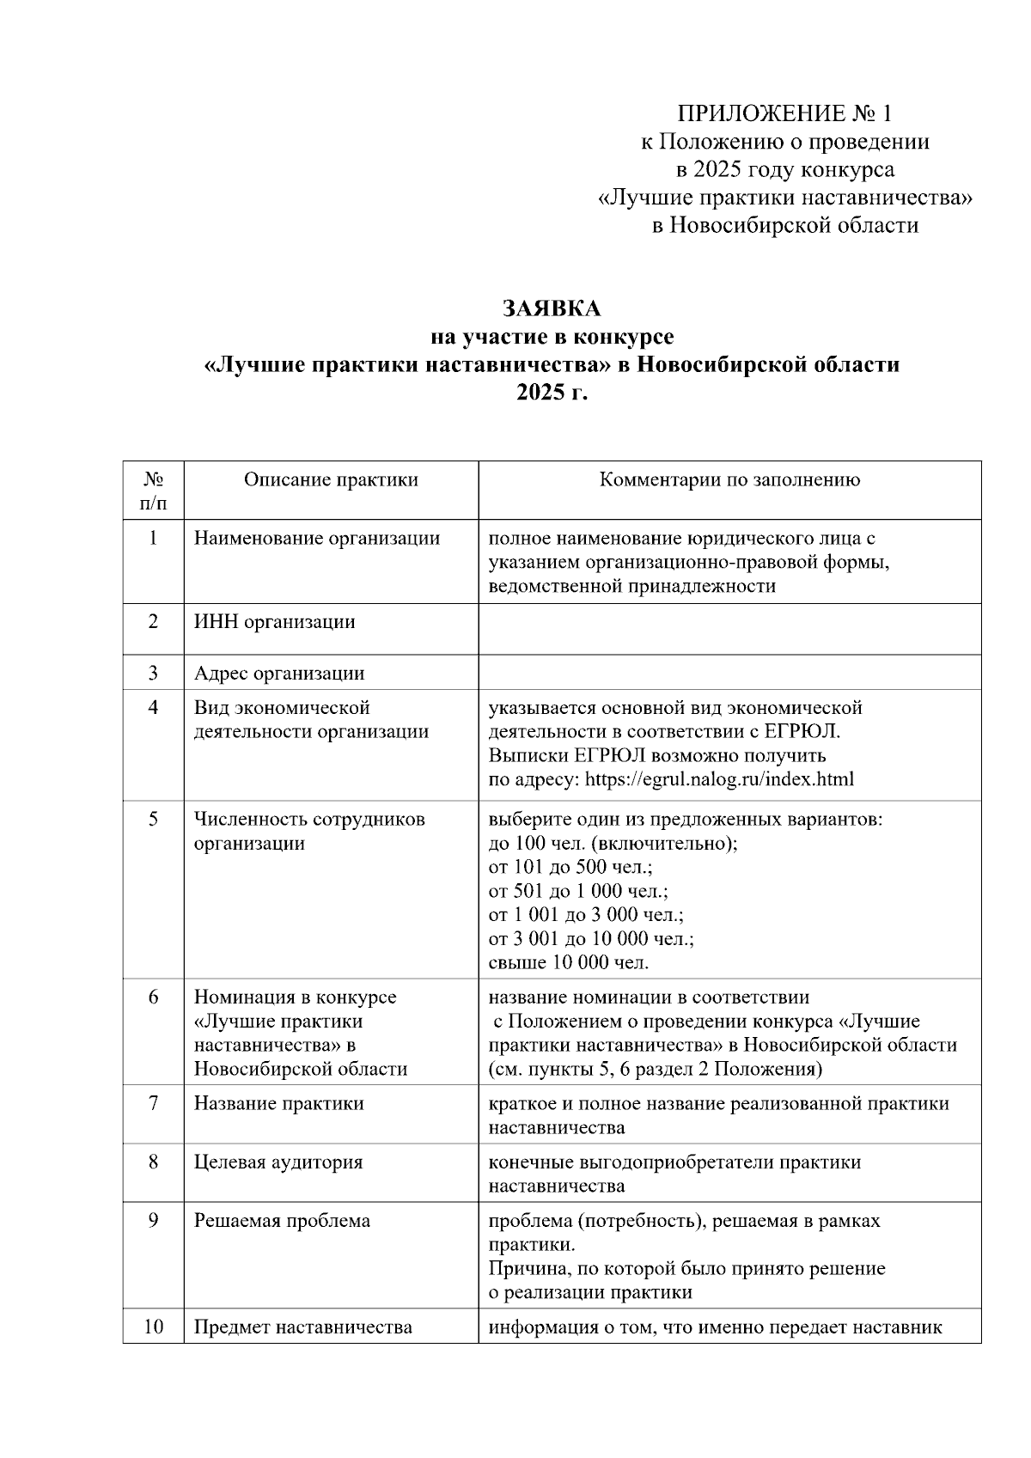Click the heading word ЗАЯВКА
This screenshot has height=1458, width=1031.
(x=552, y=308)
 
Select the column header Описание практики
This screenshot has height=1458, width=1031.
(x=331, y=480)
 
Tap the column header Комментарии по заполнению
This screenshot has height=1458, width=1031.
(x=729, y=480)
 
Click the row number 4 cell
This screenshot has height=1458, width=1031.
(x=153, y=708)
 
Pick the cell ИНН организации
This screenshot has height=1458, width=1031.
(x=274, y=622)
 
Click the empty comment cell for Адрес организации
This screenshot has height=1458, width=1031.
(x=729, y=673)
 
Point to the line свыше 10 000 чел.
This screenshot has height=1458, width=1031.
(x=569, y=962)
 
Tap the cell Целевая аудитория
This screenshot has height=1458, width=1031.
(x=278, y=1162)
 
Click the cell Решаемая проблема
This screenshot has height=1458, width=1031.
(x=282, y=1221)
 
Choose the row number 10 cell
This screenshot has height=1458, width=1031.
(x=153, y=1327)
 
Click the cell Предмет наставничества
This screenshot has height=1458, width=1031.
(x=302, y=1327)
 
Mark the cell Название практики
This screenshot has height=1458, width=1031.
(x=278, y=1104)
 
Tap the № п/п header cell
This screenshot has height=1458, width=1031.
(x=153, y=491)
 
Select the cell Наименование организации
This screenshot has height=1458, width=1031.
(x=316, y=539)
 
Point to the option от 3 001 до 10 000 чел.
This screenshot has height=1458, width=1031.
(x=591, y=938)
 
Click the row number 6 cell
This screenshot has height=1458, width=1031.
(x=153, y=997)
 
